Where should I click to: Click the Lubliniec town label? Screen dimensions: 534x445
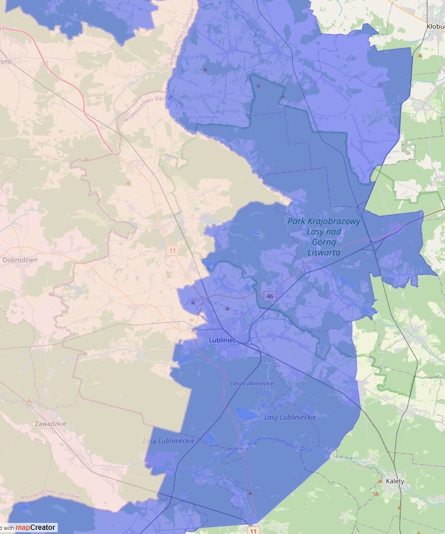coord(222,339)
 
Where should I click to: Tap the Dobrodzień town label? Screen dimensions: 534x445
coord(20,260)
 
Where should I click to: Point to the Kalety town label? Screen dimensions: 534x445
coord(395,481)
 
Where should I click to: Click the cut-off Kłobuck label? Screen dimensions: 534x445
coord(435,26)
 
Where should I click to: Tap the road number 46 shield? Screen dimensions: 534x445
coord(269,296)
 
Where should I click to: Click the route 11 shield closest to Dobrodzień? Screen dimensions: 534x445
coord(172,251)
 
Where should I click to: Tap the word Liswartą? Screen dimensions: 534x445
coord(324,253)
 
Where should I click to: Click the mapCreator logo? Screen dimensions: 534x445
coord(36,528)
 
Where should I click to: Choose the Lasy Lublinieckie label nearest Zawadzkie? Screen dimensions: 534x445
coord(169,441)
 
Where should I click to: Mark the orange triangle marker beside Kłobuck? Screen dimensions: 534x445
coord(419,55)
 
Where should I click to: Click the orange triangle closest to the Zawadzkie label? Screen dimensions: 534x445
coord(29,401)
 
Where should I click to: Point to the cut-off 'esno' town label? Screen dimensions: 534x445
coord(6,61)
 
